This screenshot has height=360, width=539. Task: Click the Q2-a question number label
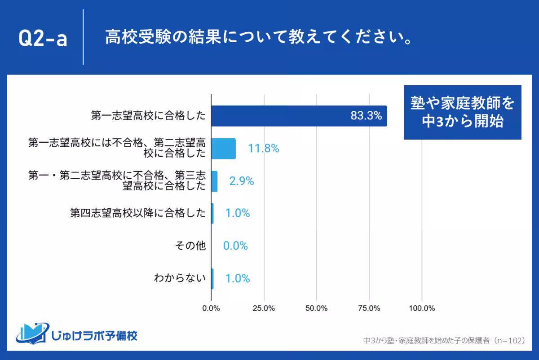[43, 39]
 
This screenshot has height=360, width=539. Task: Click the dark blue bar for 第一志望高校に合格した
[299, 116]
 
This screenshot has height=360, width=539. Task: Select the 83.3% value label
[366, 116]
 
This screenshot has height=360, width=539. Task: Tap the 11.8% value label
[264, 149]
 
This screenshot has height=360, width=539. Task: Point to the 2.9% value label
[242, 181]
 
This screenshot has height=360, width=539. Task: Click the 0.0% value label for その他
[235, 246]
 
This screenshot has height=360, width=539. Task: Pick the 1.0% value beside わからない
[237, 278]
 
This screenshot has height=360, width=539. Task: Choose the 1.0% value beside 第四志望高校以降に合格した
[237, 213]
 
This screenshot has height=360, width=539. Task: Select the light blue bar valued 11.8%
[223, 149]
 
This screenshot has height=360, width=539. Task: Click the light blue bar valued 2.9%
[214, 181]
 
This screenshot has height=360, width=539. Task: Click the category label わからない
[180, 278]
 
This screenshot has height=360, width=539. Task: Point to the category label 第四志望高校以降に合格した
[138, 213]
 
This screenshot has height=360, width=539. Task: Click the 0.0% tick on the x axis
[211, 308]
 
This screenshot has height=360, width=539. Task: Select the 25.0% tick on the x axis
[264, 308]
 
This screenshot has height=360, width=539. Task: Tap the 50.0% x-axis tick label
[316, 308]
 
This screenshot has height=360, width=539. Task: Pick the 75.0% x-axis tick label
[369, 308]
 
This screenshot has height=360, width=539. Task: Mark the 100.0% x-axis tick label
[422, 308]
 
